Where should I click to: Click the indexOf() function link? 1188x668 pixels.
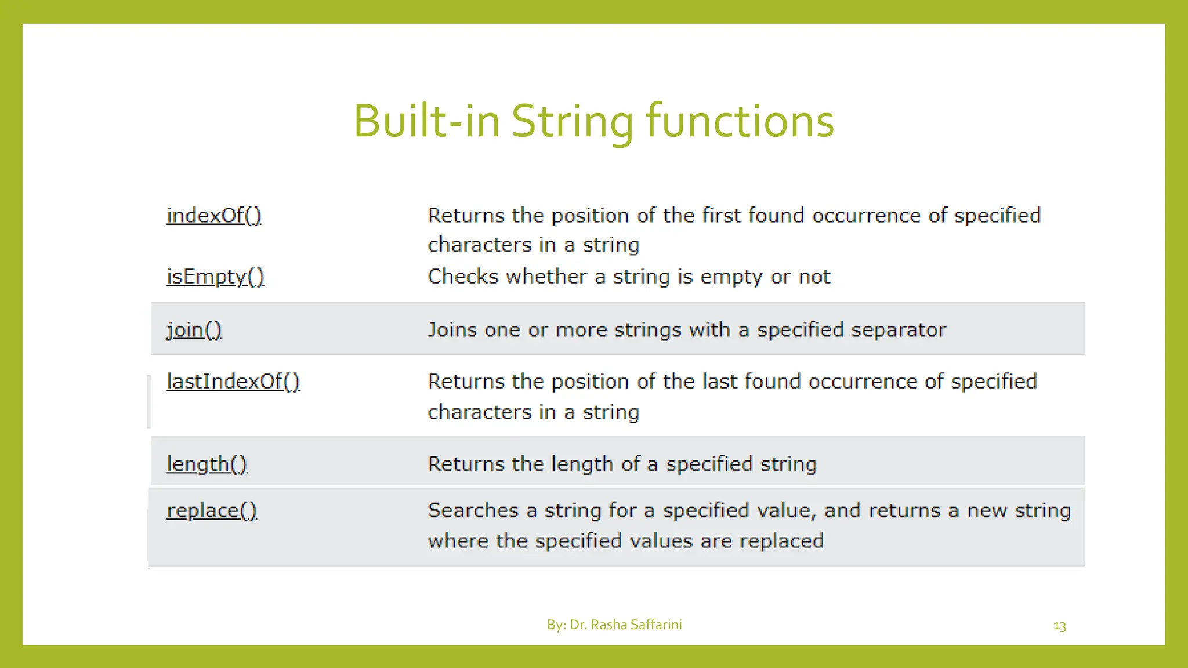[x=214, y=216]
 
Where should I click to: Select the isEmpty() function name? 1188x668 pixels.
[x=215, y=277]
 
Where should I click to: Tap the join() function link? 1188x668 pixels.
[x=194, y=330]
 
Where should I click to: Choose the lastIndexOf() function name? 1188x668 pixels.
[x=233, y=382]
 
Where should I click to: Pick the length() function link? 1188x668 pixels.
[x=207, y=464]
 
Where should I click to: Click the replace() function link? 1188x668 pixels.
[x=212, y=511]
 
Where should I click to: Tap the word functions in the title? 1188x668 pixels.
[x=740, y=122]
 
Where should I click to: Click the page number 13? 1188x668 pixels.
[x=1059, y=626]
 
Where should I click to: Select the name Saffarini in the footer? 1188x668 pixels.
[x=655, y=625]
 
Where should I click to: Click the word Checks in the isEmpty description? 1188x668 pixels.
[x=463, y=277]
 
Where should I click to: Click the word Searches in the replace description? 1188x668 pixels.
[x=473, y=511]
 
